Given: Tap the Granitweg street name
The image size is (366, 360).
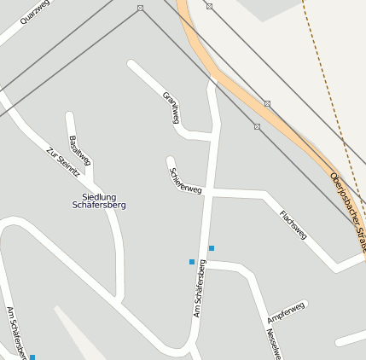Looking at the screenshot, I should coord(172,107).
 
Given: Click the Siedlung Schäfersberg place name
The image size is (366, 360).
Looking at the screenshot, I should coord(99,201).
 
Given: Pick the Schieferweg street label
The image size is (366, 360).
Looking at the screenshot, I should coord(185,178).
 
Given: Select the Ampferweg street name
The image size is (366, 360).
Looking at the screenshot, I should coord(285,312).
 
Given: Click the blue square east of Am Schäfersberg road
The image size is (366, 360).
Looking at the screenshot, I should coord(212,248).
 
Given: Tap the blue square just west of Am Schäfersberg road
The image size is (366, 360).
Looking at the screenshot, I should coord(192,262).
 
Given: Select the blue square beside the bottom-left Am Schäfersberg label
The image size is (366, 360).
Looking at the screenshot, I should coord(32,357).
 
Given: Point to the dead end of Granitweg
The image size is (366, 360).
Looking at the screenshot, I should coord(131,63).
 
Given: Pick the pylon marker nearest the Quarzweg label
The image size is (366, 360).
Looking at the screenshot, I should coord(140,8).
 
